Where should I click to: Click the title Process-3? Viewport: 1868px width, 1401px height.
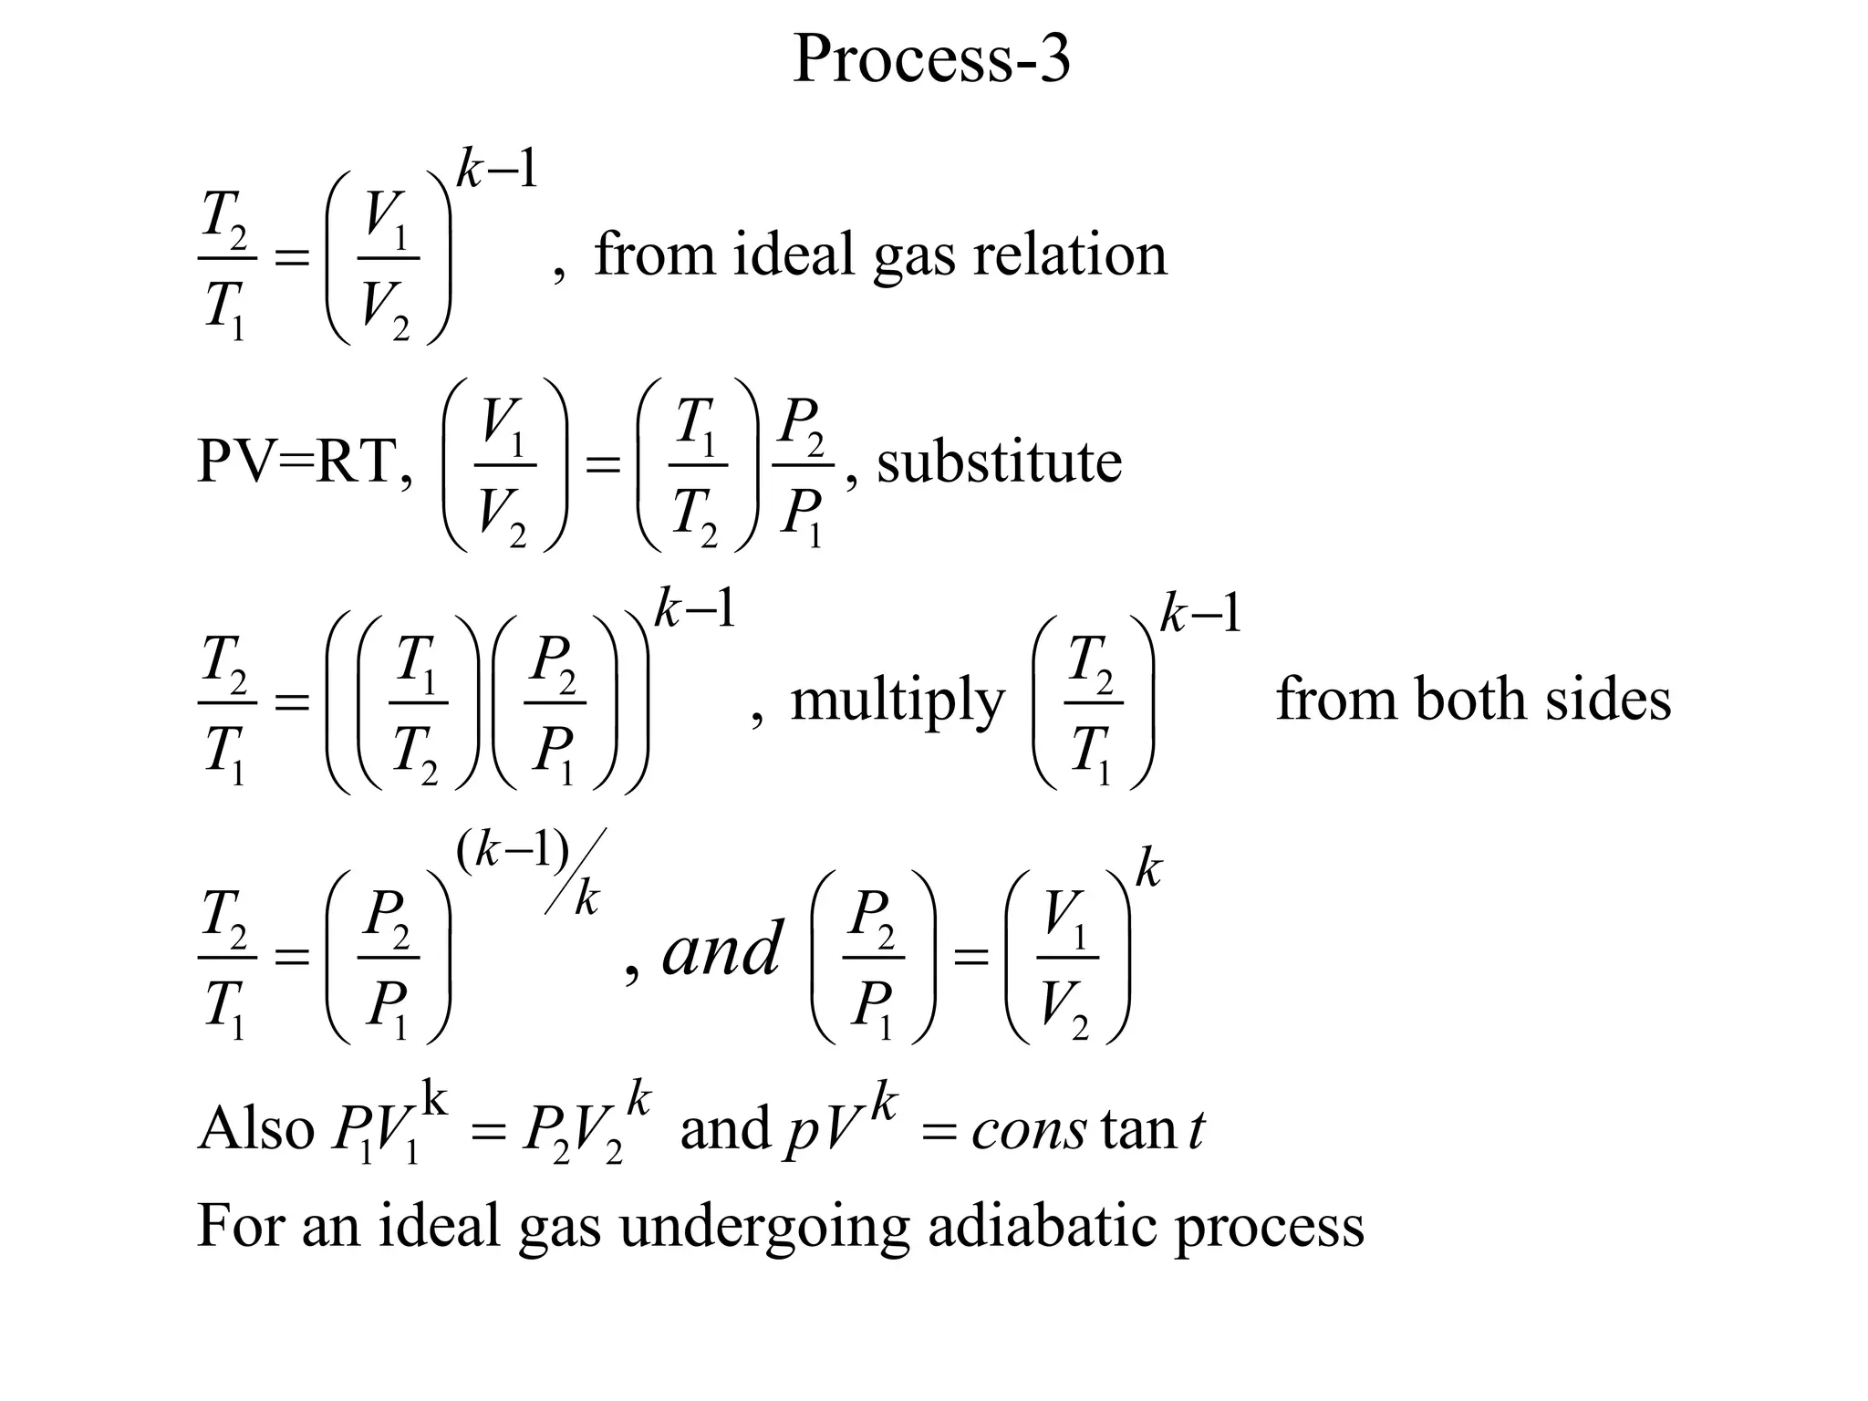coord(931,60)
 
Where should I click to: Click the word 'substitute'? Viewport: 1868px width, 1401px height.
coord(999,462)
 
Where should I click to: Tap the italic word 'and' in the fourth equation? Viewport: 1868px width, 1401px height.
coord(721,949)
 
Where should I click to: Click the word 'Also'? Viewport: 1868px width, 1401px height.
coord(255,1128)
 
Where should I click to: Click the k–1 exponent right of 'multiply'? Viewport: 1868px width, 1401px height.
coord(1200,614)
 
